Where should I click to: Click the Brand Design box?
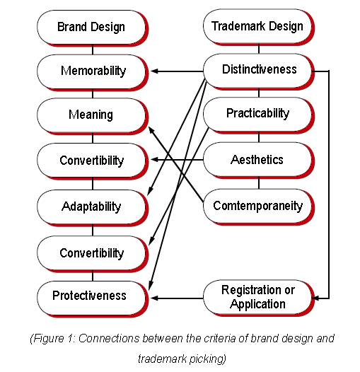click(93, 28)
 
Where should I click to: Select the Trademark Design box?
click(259, 27)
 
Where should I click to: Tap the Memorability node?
click(93, 72)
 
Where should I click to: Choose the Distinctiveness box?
click(259, 71)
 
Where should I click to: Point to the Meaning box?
click(93, 116)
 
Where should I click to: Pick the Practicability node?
click(259, 115)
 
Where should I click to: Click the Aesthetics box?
click(259, 161)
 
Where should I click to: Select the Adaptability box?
click(93, 208)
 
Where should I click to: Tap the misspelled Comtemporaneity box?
click(259, 207)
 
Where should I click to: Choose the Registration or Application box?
click(259, 298)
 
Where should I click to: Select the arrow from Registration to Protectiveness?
click(177, 298)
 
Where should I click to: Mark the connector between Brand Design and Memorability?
click(93, 50)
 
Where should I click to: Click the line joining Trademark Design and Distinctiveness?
click(259, 49)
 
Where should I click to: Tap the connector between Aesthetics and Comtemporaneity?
click(259, 183)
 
